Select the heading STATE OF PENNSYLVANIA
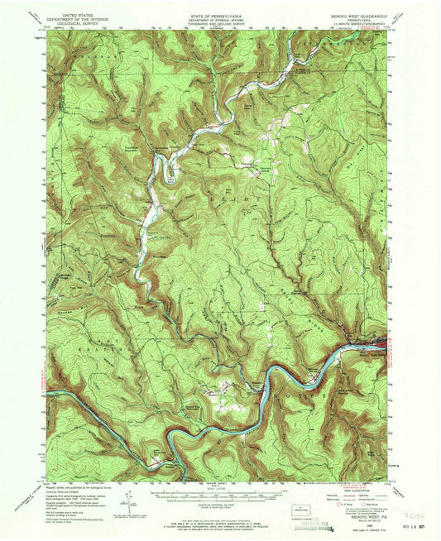(x=219, y=14)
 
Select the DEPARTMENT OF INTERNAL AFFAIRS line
(x=219, y=19)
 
